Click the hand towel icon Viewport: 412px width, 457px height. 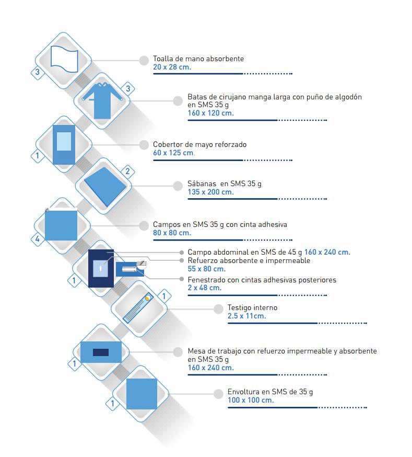click(x=64, y=59)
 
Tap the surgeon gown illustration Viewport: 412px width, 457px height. click(x=102, y=101)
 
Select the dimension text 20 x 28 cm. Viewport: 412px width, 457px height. click(x=172, y=67)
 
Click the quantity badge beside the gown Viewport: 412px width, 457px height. click(x=128, y=88)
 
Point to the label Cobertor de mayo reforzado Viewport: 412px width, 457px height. click(x=199, y=144)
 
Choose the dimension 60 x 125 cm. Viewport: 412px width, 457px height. click(x=174, y=153)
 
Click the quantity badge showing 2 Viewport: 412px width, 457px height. click(x=127, y=172)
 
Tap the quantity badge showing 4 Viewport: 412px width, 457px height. click(x=38, y=239)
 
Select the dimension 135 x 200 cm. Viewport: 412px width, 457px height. click(x=210, y=192)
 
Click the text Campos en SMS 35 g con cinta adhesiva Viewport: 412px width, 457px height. click(x=220, y=224)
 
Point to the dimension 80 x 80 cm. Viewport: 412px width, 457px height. click(x=172, y=233)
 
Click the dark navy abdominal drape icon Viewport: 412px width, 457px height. click(x=101, y=268)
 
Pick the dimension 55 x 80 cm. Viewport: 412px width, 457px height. click(x=207, y=269)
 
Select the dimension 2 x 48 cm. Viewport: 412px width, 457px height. click(x=205, y=288)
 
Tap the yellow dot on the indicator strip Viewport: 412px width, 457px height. click(x=148, y=298)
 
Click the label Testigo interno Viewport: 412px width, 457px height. click(x=252, y=307)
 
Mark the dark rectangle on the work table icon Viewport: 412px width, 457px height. click(x=101, y=352)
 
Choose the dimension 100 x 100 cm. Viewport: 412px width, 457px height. click(x=251, y=400)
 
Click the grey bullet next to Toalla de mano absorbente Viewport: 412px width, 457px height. click(x=144, y=60)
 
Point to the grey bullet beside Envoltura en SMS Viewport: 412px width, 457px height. click(x=218, y=394)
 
